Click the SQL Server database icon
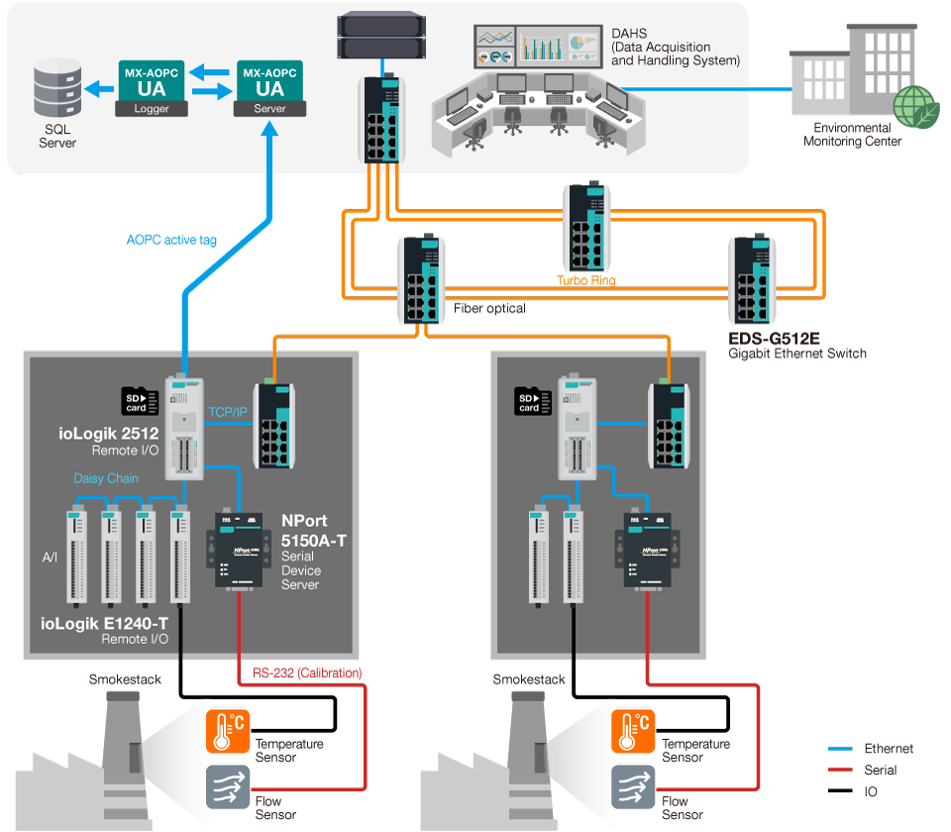[x=57, y=89]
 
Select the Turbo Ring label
[x=585, y=280]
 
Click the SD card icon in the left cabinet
[x=134, y=400]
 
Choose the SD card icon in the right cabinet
[x=529, y=401]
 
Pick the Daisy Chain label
[x=106, y=478]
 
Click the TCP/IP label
[x=229, y=411]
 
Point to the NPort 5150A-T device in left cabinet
[x=238, y=547]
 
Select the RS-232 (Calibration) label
[x=307, y=674]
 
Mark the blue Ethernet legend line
[x=840, y=749]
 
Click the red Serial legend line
[x=840, y=770]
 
